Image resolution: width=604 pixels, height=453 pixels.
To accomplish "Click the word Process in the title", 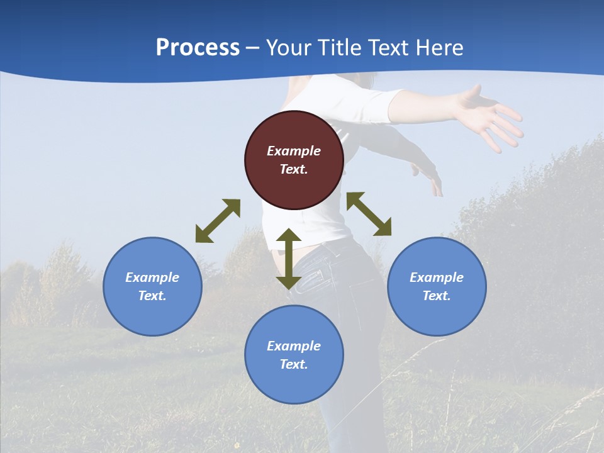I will click(198, 48).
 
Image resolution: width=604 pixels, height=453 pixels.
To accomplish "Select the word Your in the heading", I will click(288, 48).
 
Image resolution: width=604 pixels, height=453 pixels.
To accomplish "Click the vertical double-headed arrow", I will click(288, 259).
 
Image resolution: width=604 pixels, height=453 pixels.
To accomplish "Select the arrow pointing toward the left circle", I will click(218, 221).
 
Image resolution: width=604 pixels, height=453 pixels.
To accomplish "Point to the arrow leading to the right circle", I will click(369, 214).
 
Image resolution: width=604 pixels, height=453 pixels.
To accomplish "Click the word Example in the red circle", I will click(294, 151).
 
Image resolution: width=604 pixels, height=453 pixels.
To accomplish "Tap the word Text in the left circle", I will click(152, 296).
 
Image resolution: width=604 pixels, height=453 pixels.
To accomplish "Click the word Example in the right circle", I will click(437, 277).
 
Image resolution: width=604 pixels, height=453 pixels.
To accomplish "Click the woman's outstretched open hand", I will click(491, 116).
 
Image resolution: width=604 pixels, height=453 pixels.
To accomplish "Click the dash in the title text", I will click(253, 48).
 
